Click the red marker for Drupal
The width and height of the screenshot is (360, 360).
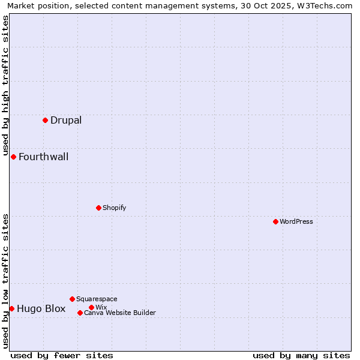(x=45, y=121)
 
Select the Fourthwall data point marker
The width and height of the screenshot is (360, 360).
(x=13, y=157)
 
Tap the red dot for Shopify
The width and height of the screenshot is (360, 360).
(x=98, y=208)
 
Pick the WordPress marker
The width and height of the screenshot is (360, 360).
(x=275, y=221)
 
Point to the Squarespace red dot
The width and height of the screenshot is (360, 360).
(x=72, y=299)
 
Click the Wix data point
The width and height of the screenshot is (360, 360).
(x=91, y=307)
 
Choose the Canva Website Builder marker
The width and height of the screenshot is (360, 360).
(x=80, y=313)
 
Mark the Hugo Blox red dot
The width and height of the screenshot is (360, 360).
(x=11, y=308)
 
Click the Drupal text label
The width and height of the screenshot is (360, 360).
(x=66, y=120)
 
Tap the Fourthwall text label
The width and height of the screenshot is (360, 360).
(x=43, y=157)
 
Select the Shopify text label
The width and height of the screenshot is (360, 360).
(x=114, y=208)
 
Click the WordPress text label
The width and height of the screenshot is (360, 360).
(x=296, y=221)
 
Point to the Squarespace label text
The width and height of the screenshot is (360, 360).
(x=97, y=299)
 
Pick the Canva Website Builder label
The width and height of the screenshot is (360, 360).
(x=120, y=313)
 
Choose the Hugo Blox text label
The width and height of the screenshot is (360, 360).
(x=41, y=308)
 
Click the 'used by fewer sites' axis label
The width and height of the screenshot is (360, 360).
(x=62, y=355)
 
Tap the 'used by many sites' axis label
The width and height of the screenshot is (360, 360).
(x=301, y=355)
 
